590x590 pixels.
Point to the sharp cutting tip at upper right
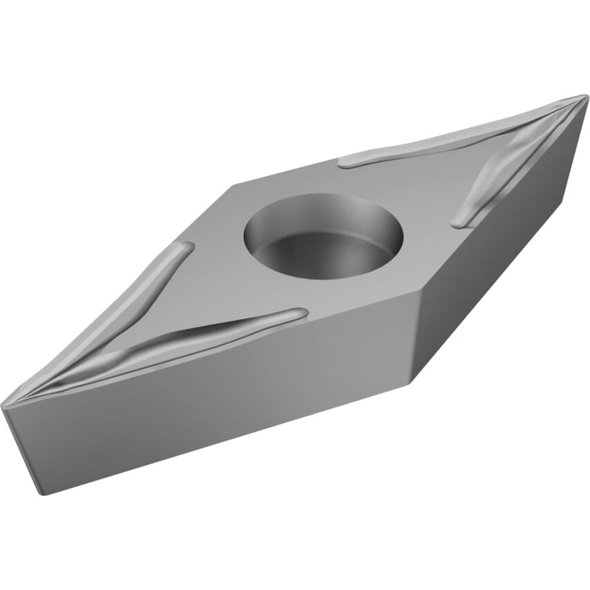584,97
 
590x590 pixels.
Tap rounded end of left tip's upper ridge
185,247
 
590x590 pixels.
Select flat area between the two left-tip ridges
138,325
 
